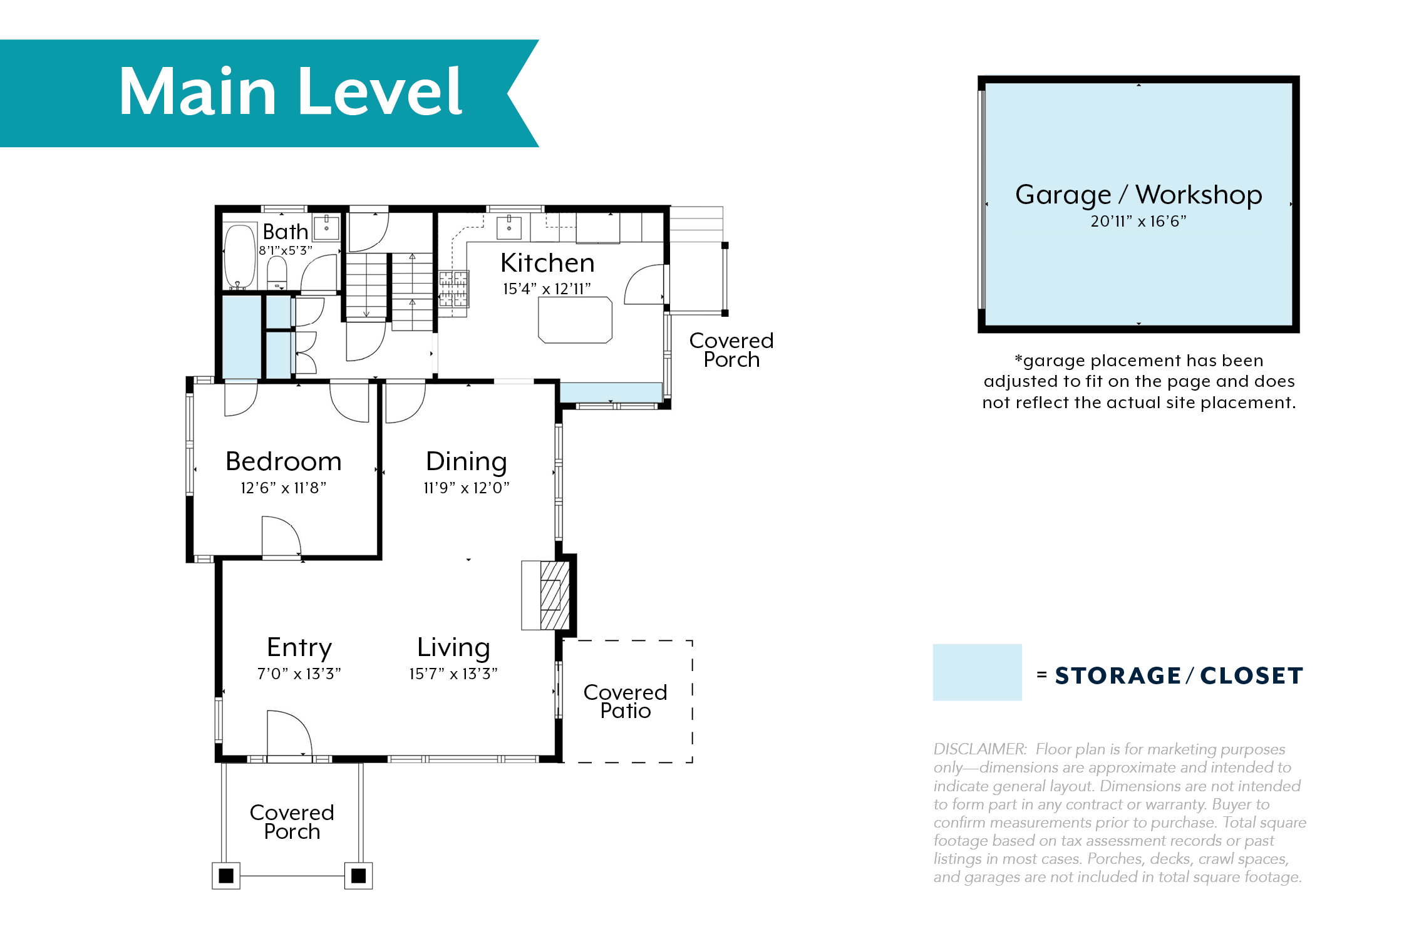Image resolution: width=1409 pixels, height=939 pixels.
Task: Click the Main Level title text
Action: tap(291, 92)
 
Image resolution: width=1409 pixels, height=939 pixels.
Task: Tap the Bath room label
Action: tap(286, 232)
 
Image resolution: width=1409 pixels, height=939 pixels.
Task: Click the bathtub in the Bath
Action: tap(239, 257)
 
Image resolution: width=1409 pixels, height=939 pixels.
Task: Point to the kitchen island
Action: tap(575, 320)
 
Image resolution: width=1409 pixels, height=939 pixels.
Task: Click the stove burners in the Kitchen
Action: tap(453, 288)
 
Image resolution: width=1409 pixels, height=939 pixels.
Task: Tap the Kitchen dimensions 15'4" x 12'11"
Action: tap(547, 289)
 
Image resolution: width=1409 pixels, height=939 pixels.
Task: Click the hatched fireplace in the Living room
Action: tap(554, 595)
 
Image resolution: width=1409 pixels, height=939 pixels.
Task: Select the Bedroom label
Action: tap(284, 461)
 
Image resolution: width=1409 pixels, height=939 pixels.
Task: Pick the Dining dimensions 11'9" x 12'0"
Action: tap(467, 488)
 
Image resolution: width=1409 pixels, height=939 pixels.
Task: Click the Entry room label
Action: tap(299, 648)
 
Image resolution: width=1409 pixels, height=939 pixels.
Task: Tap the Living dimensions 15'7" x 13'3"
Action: tap(453, 674)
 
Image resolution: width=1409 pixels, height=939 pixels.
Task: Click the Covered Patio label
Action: tap(626, 701)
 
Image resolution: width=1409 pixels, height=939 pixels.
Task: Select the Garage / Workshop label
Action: tap(1138, 195)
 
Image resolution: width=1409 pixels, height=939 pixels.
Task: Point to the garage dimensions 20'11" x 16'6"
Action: tap(1138, 221)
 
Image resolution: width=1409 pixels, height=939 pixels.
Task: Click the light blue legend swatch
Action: tap(978, 672)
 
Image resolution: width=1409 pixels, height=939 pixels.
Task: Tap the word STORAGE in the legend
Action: tap(1118, 675)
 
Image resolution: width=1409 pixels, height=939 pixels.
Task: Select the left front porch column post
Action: tap(226, 876)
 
